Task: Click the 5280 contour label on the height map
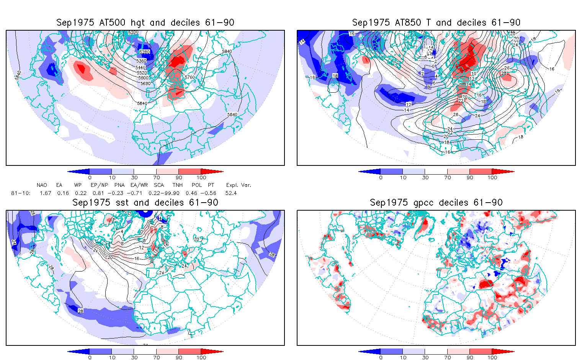(x=145, y=52)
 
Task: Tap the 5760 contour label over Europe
(x=190, y=77)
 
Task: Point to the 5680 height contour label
(x=145, y=83)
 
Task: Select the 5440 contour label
(x=141, y=67)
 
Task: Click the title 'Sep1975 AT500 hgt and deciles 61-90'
(x=145, y=23)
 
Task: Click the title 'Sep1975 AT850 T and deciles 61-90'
(x=436, y=23)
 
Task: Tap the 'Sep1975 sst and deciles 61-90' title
(x=145, y=203)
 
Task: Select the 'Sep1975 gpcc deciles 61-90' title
(x=436, y=203)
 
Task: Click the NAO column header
(x=42, y=185)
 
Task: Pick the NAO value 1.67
(x=45, y=193)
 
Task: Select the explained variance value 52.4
(x=231, y=193)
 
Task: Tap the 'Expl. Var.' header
(x=239, y=185)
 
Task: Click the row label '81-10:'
(x=21, y=193)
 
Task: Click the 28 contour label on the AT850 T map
(x=504, y=73)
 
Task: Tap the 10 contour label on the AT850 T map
(x=474, y=74)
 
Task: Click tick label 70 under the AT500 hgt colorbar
(x=156, y=177)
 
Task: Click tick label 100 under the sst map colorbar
(x=201, y=357)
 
